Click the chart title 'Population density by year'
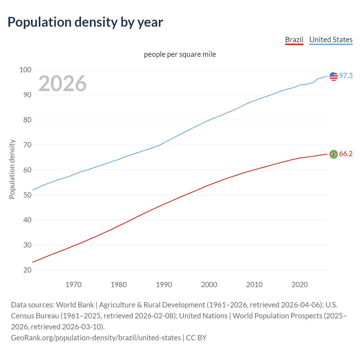tap(85, 22)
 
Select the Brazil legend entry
tap(294, 40)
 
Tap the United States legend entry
tap(331, 40)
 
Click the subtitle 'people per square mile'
tap(180, 54)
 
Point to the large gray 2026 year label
tap(62, 84)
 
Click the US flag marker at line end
tap(334, 76)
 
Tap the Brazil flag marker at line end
tap(334, 154)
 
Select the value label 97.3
tap(346, 76)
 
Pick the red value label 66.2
tap(346, 154)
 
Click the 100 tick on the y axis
tap(25, 70)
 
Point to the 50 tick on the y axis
tap(27, 195)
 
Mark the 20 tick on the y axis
tap(27, 270)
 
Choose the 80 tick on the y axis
tap(27, 120)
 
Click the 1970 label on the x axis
tap(73, 285)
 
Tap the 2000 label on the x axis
tap(209, 285)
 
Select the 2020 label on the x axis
tap(300, 285)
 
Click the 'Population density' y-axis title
tap(12, 169)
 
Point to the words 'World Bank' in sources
tap(75, 305)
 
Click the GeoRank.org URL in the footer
tap(96, 338)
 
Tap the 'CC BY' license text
tap(196, 338)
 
